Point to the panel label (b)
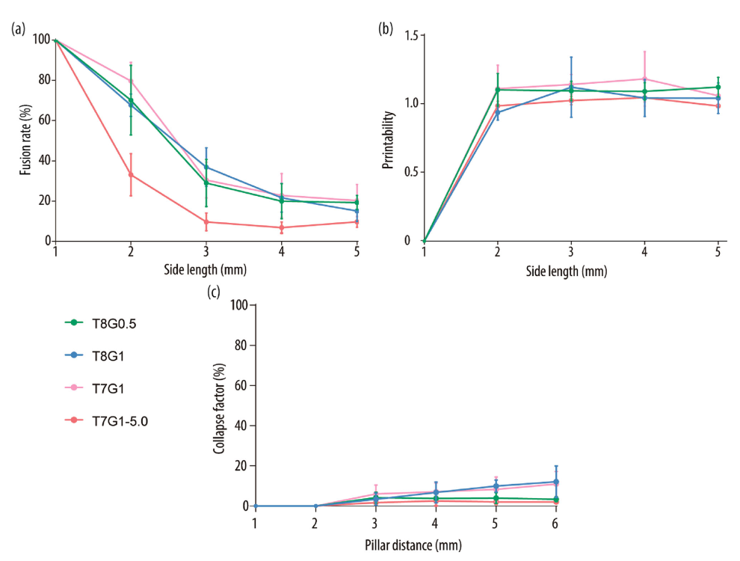[x=386, y=29]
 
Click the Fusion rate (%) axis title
[x=26, y=141]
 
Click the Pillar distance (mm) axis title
[x=404, y=545]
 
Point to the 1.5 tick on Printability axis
[x=410, y=34]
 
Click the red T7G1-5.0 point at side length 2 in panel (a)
[x=131, y=175]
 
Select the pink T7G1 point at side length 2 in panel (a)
[x=131, y=81]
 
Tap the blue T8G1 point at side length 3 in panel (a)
[x=206, y=168]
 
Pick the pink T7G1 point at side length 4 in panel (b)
[x=644, y=79]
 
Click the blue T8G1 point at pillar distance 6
[x=555, y=482]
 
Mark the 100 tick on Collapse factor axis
[x=239, y=305]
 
